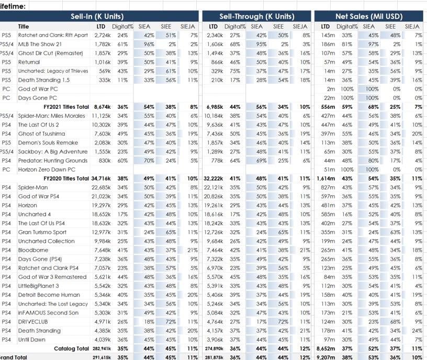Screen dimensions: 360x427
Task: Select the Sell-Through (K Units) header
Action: [256, 16]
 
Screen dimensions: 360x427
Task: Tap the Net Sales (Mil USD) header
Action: [369, 16]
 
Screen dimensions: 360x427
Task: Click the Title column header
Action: [24, 26]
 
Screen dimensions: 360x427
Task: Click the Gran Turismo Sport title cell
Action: [42, 232]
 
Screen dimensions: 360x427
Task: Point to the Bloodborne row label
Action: [33, 250]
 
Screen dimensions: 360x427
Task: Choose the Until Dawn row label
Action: [32, 340]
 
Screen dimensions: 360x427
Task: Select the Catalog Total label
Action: [71, 348]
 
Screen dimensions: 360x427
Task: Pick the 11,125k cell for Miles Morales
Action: [102, 116]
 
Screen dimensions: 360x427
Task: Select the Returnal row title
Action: [29, 62]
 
